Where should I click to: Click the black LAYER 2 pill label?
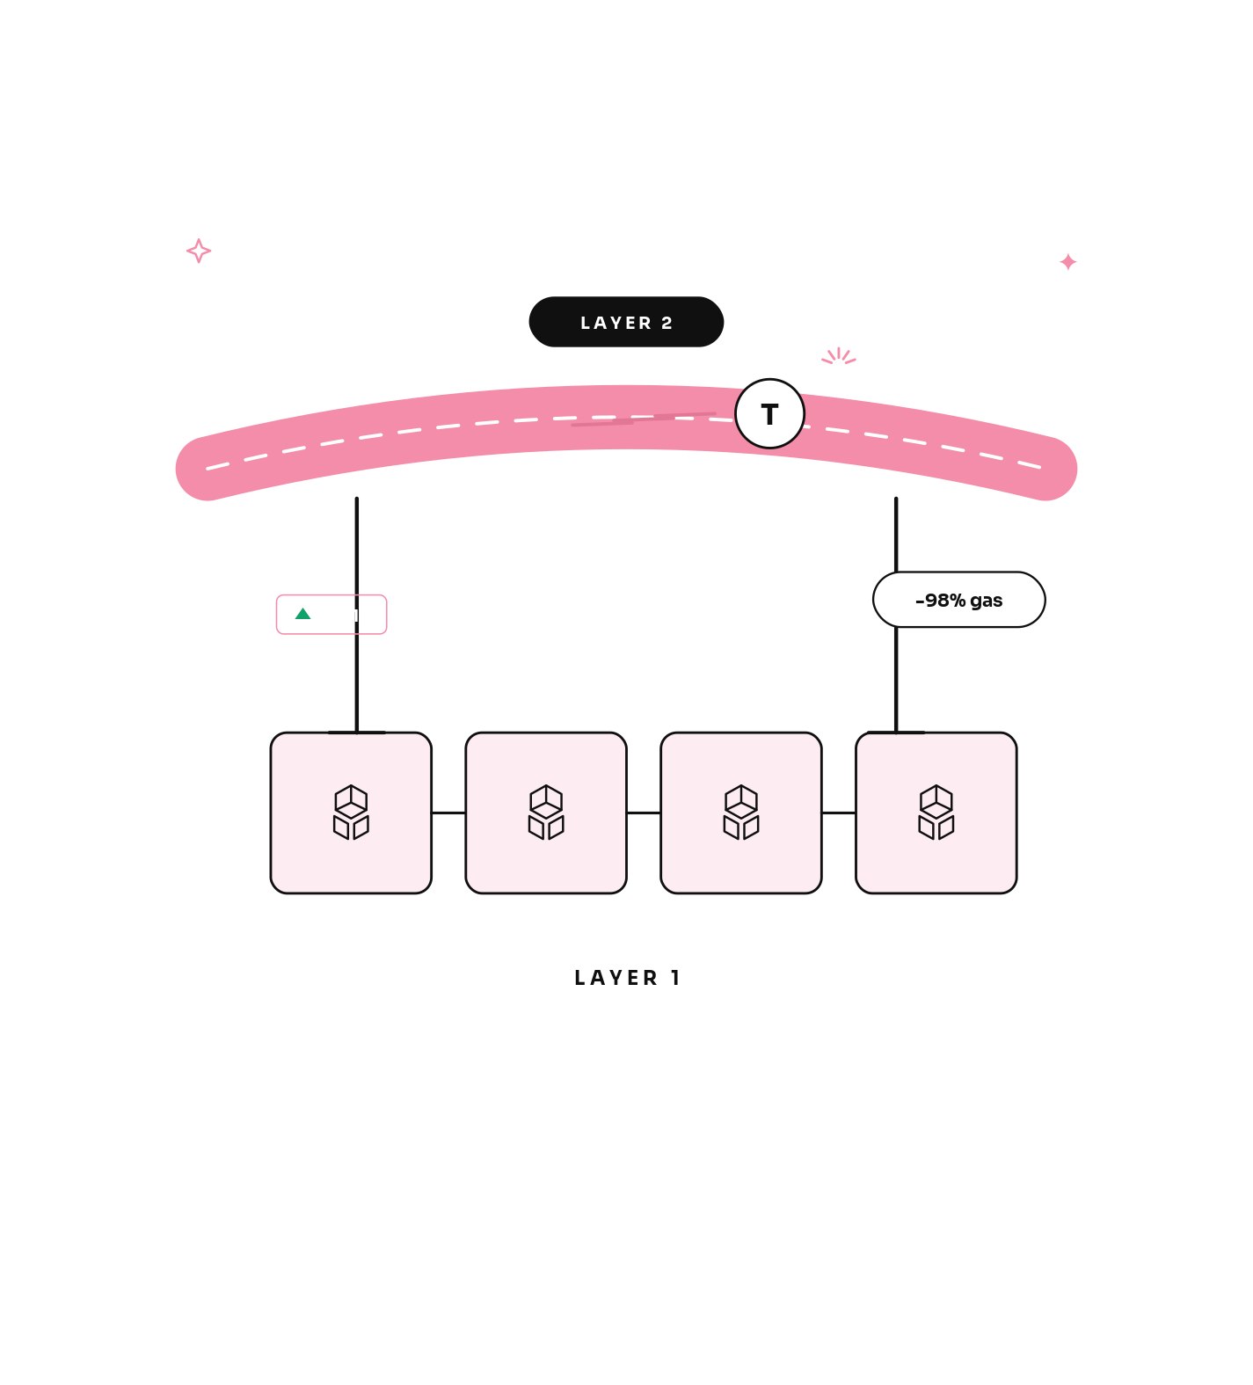click(x=626, y=322)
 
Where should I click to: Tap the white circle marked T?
click(x=769, y=413)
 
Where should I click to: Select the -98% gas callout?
click(x=958, y=600)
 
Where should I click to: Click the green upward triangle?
click(x=302, y=614)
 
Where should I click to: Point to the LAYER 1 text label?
click(x=627, y=978)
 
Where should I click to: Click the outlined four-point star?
click(x=199, y=251)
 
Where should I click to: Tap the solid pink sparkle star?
click(x=1068, y=262)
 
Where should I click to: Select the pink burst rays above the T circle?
click(x=839, y=356)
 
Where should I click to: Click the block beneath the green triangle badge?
click(x=351, y=813)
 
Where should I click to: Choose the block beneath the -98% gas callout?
click(x=936, y=813)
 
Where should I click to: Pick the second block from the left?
click(x=546, y=813)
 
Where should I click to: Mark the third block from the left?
click(x=741, y=813)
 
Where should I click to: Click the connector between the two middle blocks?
click(x=644, y=813)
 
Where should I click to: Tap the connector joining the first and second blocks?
click(x=448, y=813)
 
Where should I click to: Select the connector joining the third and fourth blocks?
click(x=839, y=813)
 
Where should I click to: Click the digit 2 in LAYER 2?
click(x=667, y=323)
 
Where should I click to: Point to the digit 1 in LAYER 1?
click(x=675, y=978)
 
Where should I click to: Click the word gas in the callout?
click(x=987, y=601)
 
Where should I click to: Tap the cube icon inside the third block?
click(x=741, y=813)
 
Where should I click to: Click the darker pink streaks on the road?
click(x=644, y=419)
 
